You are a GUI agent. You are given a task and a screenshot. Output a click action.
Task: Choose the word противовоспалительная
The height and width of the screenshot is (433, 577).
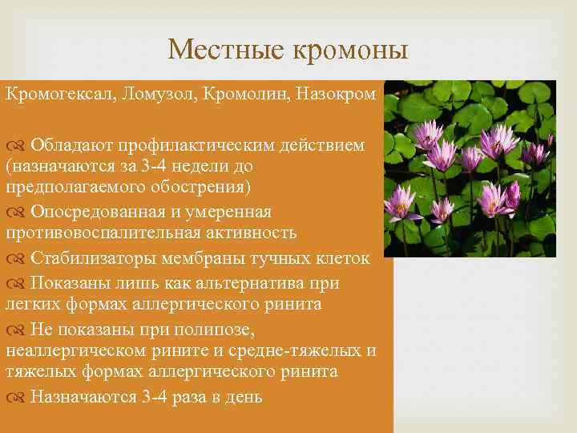(107, 233)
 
